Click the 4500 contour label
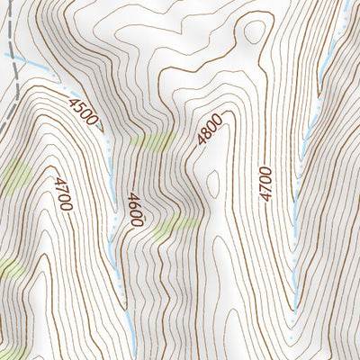pyautogui.click(x=84, y=112)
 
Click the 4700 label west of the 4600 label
pyautogui.click(x=61, y=193)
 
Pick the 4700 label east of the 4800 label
pyautogui.click(x=264, y=183)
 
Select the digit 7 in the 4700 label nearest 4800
pyautogui.click(x=264, y=187)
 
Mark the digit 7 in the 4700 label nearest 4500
pyautogui.click(x=60, y=189)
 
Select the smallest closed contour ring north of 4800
pyautogui.click(x=253, y=31)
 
